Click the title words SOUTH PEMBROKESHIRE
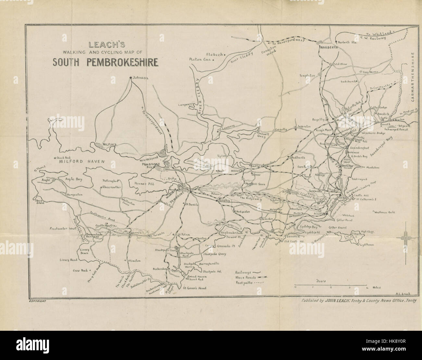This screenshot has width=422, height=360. click(105, 62)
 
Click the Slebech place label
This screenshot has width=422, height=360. click(215, 54)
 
